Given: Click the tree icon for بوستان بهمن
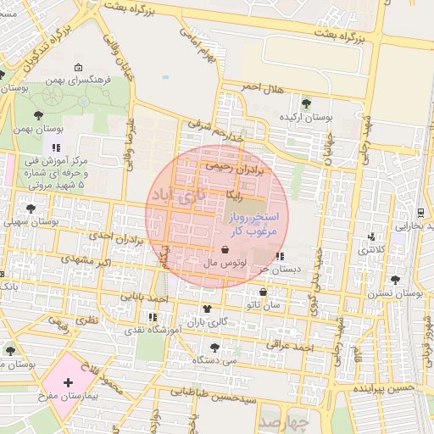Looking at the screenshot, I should pos(38,114).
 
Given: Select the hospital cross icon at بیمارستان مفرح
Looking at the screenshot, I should pos(69,383).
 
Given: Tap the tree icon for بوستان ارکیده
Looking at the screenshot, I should pos(306,103).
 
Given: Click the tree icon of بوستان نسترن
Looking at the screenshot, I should pos(394,279).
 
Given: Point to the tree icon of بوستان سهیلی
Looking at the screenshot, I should pos(31,208).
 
